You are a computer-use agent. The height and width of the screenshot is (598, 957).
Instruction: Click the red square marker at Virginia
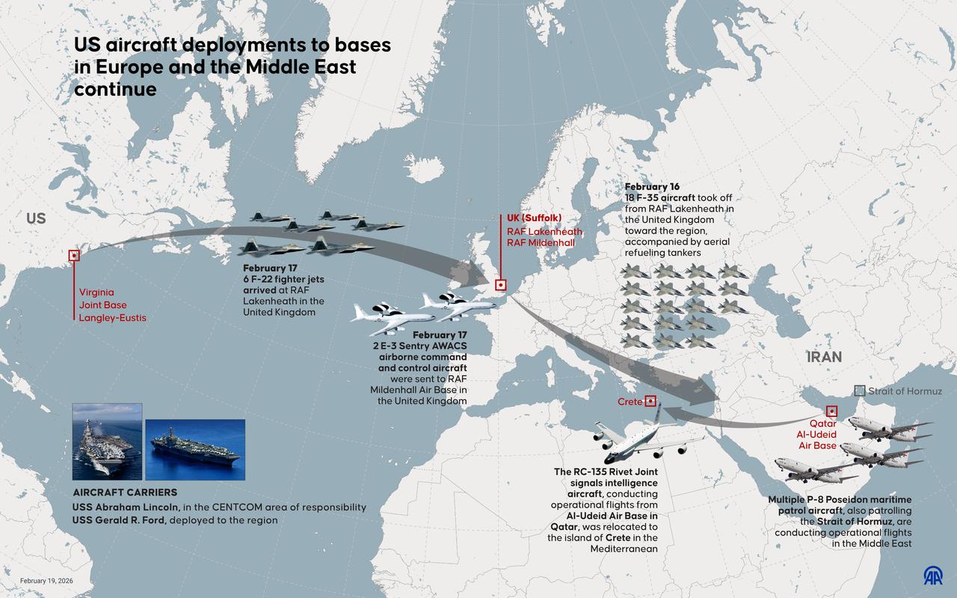(x=74, y=256)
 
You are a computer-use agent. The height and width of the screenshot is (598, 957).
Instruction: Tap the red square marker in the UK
(x=500, y=285)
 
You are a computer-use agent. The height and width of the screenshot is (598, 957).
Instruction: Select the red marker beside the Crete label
(x=650, y=401)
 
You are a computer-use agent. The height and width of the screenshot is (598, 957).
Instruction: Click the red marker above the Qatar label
(x=831, y=411)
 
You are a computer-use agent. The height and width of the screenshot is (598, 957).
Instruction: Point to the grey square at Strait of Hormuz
(x=860, y=391)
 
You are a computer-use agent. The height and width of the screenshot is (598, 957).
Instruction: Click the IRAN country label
(x=824, y=357)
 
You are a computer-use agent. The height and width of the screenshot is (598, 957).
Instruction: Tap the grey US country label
(x=36, y=219)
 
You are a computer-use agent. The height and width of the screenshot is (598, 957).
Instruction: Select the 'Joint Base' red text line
(x=102, y=305)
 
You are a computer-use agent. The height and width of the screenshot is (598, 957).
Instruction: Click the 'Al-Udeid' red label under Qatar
(x=817, y=434)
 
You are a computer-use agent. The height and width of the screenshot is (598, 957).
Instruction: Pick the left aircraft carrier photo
(x=107, y=441)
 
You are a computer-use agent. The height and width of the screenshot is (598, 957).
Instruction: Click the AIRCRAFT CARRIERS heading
(x=125, y=493)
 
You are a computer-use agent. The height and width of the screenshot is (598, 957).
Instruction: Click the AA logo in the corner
(x=932, y=576)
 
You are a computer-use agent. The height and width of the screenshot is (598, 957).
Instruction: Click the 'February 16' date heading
(x=652, y=186)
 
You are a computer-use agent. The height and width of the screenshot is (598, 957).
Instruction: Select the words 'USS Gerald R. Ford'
(x=119, y=520)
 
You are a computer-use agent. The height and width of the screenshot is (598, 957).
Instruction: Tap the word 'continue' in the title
(x=115, y=89)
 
